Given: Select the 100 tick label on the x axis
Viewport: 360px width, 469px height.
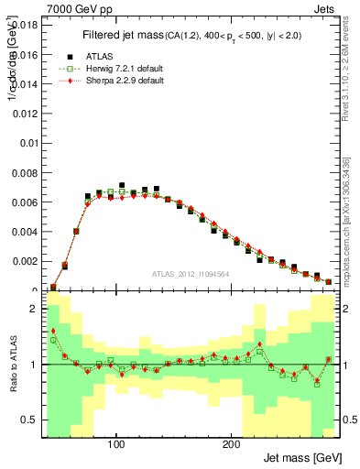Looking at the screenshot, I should [116, 444].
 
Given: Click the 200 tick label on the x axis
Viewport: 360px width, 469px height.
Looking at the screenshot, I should [231, 444].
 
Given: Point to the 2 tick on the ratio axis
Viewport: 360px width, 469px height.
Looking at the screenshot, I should [31, 309].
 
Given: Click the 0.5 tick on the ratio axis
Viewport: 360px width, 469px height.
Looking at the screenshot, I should [27, 420].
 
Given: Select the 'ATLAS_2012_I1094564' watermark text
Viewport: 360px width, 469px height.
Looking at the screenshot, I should [191, 273].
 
